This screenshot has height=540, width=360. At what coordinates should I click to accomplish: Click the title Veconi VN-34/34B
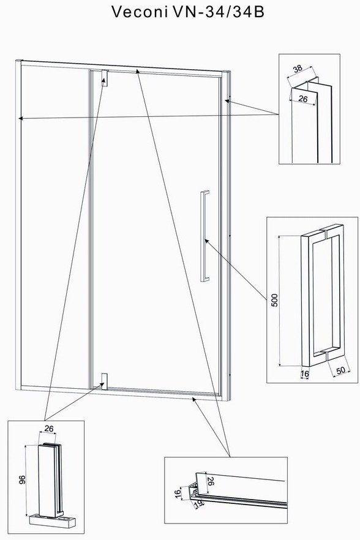pyautogui.click(x=188, y=12)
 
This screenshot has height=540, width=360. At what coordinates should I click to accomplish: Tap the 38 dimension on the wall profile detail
pyautogui.click(x=298, y=68)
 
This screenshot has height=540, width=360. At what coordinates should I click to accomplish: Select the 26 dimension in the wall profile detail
pyautogui.click(x=303, y=99)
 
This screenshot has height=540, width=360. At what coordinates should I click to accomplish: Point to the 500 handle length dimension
pyautogui.click(x=274, y=300)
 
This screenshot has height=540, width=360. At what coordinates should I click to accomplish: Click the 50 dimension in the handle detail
pyautogui.click(x=340, y=370)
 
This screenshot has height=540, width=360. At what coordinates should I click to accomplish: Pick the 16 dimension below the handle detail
pyautogui.click(x=305, y=373)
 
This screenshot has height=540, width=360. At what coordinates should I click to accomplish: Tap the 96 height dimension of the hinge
pyautogui.click(x=22, y=480)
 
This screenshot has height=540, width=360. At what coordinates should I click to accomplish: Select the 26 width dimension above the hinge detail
pyautogui.click(x=49, y=429)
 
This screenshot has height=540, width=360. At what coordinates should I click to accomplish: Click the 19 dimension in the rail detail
pyautogui.click(x=199, y=504)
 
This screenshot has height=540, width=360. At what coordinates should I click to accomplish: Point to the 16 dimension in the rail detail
pyautogui.click(x=178, y=493)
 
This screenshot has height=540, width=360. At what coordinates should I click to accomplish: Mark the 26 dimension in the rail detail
pyautogui.click(x=211, y=481)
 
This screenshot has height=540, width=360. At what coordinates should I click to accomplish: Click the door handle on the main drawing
pyautogui.click(x=205, y=236)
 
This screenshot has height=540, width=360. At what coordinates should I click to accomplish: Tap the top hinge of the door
pyautogui.click(x=105, y=78)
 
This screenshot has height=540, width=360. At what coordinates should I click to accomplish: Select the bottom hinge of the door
pyautogui.click(x=105, y=381)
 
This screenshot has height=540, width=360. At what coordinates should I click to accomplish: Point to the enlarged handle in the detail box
pyautogui.click(x=323, y=296)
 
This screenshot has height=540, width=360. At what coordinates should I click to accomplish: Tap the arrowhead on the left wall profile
pyautogui.click(x=21, y=118)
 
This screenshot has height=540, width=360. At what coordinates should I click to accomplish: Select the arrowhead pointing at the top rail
pyautogui.click(x=138, y=71)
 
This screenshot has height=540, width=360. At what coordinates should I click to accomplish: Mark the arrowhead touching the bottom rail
pyautogui.click(x=194, y=399)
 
